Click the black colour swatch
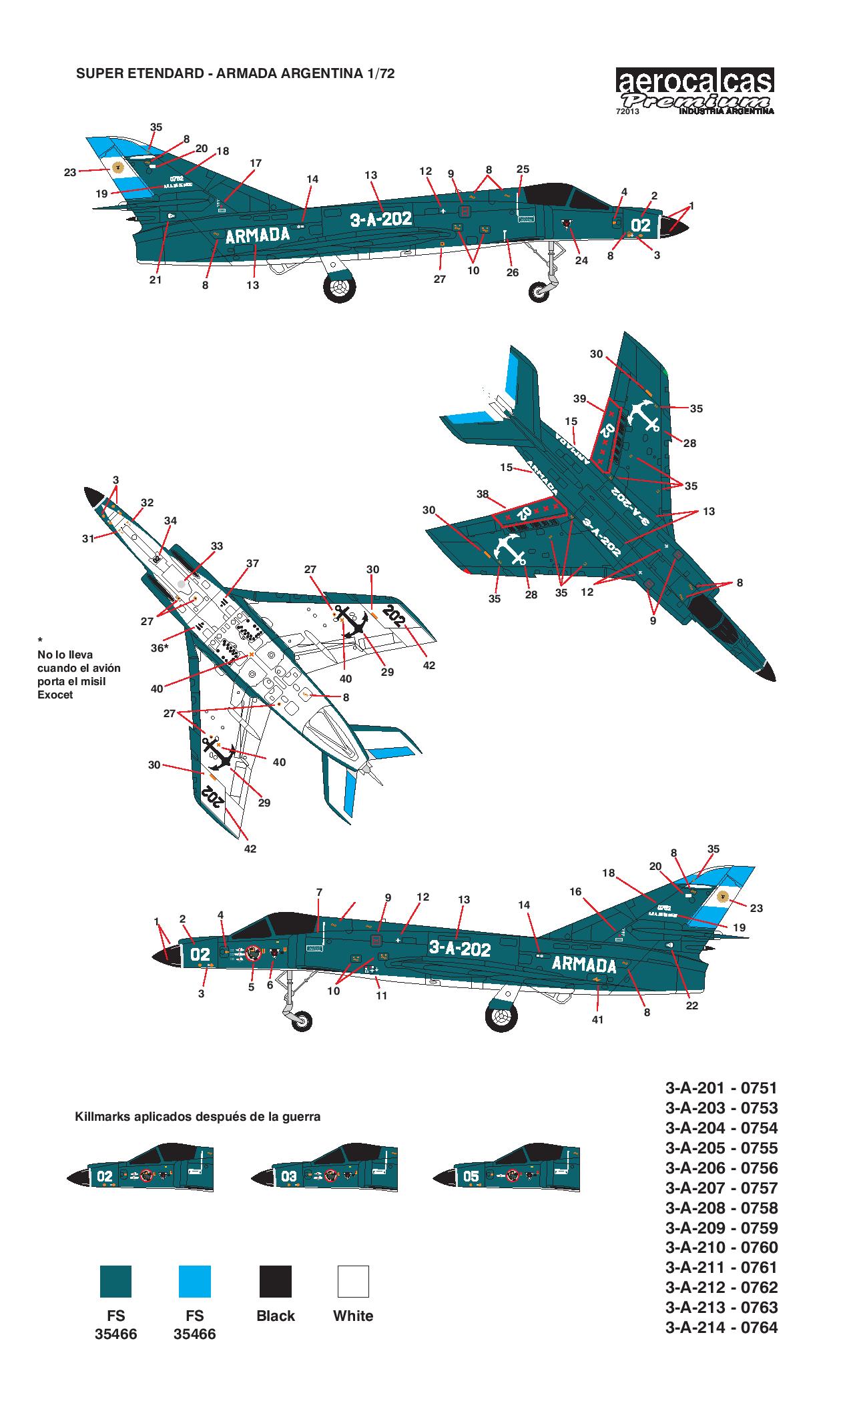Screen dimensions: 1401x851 tap(275, 1281)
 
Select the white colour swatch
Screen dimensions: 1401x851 tap(353, 1281)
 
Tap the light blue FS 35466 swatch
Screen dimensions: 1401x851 tap(195, 1281)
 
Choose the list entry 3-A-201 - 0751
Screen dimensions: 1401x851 tap(722, 1088)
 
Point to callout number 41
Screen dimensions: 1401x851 tap(597, 1019)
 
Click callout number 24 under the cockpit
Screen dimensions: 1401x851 tap(581, 260)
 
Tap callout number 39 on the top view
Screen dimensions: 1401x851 tap(579, 399)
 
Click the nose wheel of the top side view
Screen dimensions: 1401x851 tap(539, 291)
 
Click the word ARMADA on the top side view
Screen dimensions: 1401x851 tap(258, 235)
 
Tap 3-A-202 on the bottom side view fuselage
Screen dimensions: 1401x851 tap(459, 949)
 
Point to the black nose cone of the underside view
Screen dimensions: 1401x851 tap(91, 496)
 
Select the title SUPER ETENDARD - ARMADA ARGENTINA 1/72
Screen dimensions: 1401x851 tap(236, 74)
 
